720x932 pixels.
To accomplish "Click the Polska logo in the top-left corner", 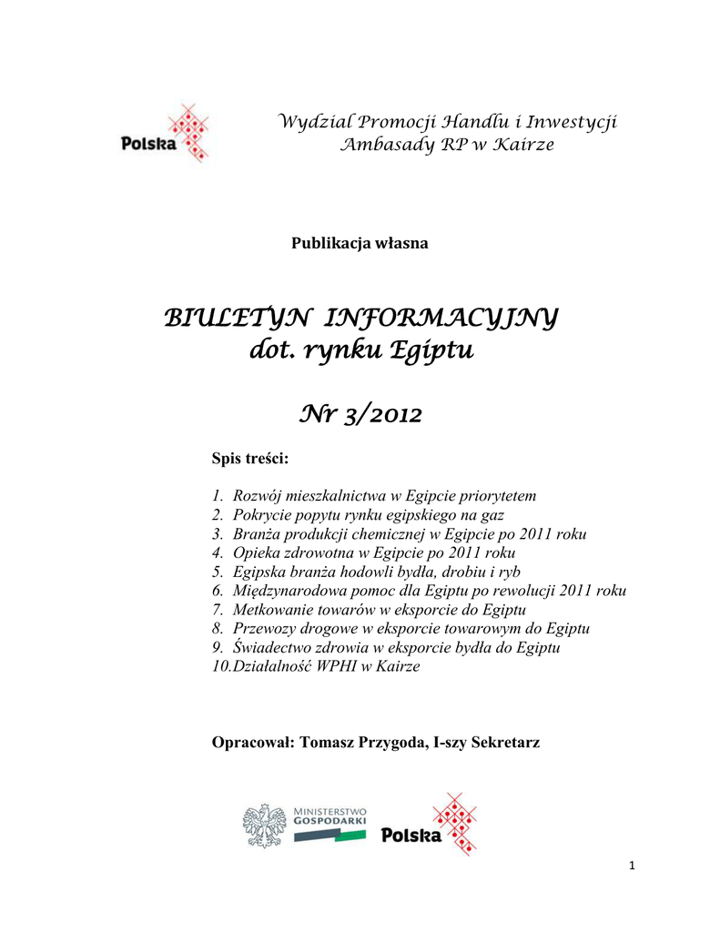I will coord(164,135).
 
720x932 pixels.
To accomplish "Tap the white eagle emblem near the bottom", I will coord(264,826).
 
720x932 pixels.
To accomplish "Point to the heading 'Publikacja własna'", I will coord(360,243).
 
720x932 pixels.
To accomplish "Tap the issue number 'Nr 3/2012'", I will coord(360,415).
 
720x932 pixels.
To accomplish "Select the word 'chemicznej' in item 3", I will coord(392,534).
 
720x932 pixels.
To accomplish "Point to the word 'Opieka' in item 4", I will coord(256,553).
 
